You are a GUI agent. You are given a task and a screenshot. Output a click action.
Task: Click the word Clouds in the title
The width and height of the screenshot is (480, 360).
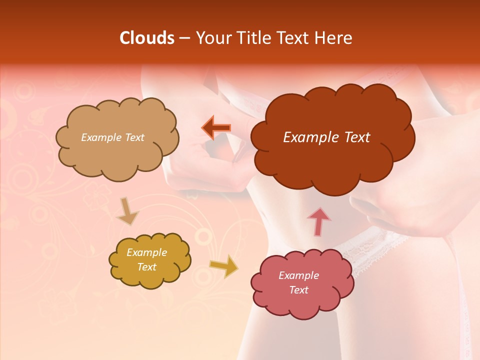(147, 38)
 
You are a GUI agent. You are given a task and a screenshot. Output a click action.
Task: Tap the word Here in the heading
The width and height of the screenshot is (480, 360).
(334, 38)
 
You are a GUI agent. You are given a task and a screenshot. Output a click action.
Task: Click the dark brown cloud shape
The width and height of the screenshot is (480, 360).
(332, 160)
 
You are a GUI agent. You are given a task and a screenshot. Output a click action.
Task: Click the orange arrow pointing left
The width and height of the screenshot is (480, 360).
(216, 127)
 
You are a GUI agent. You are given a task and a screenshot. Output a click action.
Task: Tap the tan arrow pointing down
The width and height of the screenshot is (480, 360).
(127, 211)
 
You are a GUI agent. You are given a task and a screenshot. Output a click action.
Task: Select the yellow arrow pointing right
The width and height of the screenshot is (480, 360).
(223, 265)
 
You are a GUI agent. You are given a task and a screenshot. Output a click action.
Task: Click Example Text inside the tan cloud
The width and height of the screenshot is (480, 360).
(112, 137)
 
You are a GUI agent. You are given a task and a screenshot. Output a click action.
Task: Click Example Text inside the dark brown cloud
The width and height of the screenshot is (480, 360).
(326, 137)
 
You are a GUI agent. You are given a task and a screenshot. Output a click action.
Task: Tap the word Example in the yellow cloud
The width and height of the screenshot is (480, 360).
(146, 253)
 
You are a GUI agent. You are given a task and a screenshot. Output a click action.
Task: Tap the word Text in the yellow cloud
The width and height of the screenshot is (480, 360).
(146, 267)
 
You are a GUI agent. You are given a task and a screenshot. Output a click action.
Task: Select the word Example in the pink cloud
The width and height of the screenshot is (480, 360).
(298, 275)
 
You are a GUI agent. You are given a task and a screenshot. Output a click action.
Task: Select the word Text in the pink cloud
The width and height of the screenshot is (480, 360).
(298, 290)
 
